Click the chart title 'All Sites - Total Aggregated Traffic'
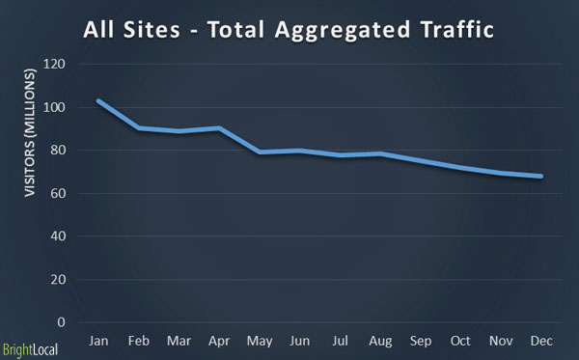[289, 29]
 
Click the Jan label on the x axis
[98, 342]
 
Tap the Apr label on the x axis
[219, 342]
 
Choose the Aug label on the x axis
[381, 342]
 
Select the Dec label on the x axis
[541, 342]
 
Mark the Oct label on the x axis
[461, 342]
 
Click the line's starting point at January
[98, 100]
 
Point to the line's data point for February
[139, 127]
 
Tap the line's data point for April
[219, 127]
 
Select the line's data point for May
[260, 152]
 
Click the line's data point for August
[381, 153]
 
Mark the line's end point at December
[541, 176]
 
